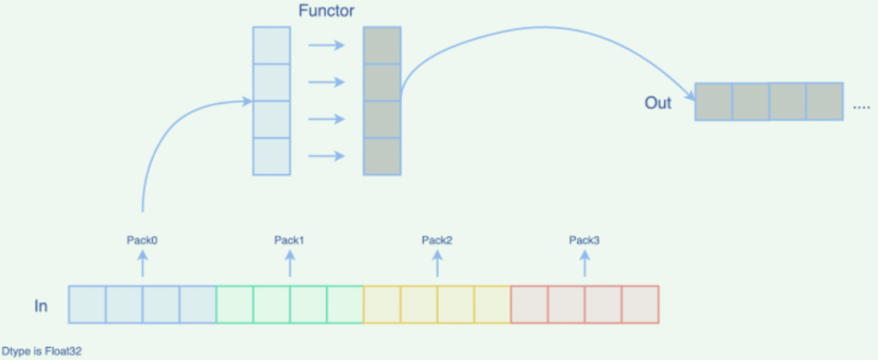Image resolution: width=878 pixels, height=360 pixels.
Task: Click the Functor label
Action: pyautogui.click(x=326, y=12)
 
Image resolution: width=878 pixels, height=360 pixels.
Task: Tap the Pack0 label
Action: pyautogui.click(x=142, y=240)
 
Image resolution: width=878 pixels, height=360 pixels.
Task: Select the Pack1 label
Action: pyautogui.click(x=289, y=240)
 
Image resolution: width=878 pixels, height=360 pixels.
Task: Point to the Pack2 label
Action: pyautogui.click(x=437, y=240)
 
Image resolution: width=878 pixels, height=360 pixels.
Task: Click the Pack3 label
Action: pyautogui.click(x=585, y=240)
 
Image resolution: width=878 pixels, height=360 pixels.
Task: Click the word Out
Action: pyautogui.click(x=658, y=103)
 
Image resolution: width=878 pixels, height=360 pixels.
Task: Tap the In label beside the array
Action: pyautogui.click(x=41, y=306)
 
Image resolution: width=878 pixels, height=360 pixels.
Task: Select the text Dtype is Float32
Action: pyautogui.click(x=42, y=352)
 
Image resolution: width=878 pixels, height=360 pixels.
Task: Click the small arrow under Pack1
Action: pyautogui.click(x=290, y=262)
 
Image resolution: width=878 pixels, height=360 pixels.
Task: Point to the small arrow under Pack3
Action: pyautogui.click(x=585, y=262)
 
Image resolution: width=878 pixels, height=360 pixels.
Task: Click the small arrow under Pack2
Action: pyautogui.click(x=437, y=262)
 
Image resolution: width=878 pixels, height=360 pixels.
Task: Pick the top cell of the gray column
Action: pyautogui.click(x=382, y=46)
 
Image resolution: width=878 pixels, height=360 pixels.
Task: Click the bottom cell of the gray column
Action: pyautogui.click(x=382, y=156)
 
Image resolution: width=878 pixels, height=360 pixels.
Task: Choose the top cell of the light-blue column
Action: pyautogui.click(x=272, y=46)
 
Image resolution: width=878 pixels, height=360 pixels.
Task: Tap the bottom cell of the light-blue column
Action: pyautogui.click(x=272, y=156)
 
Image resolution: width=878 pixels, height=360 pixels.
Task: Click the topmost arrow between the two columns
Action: pyautogui.click(x=326, y=46)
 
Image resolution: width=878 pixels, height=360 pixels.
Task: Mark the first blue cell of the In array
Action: pyautogui.click(x=87, y=305)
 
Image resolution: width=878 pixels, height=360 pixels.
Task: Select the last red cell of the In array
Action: pyautogui.click(x=640, y=305)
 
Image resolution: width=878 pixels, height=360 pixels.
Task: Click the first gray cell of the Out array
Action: pyautogui.click(x=714, y=102)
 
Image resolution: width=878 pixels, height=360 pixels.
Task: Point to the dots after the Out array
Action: pyautogui.click(x=861, y=107)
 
